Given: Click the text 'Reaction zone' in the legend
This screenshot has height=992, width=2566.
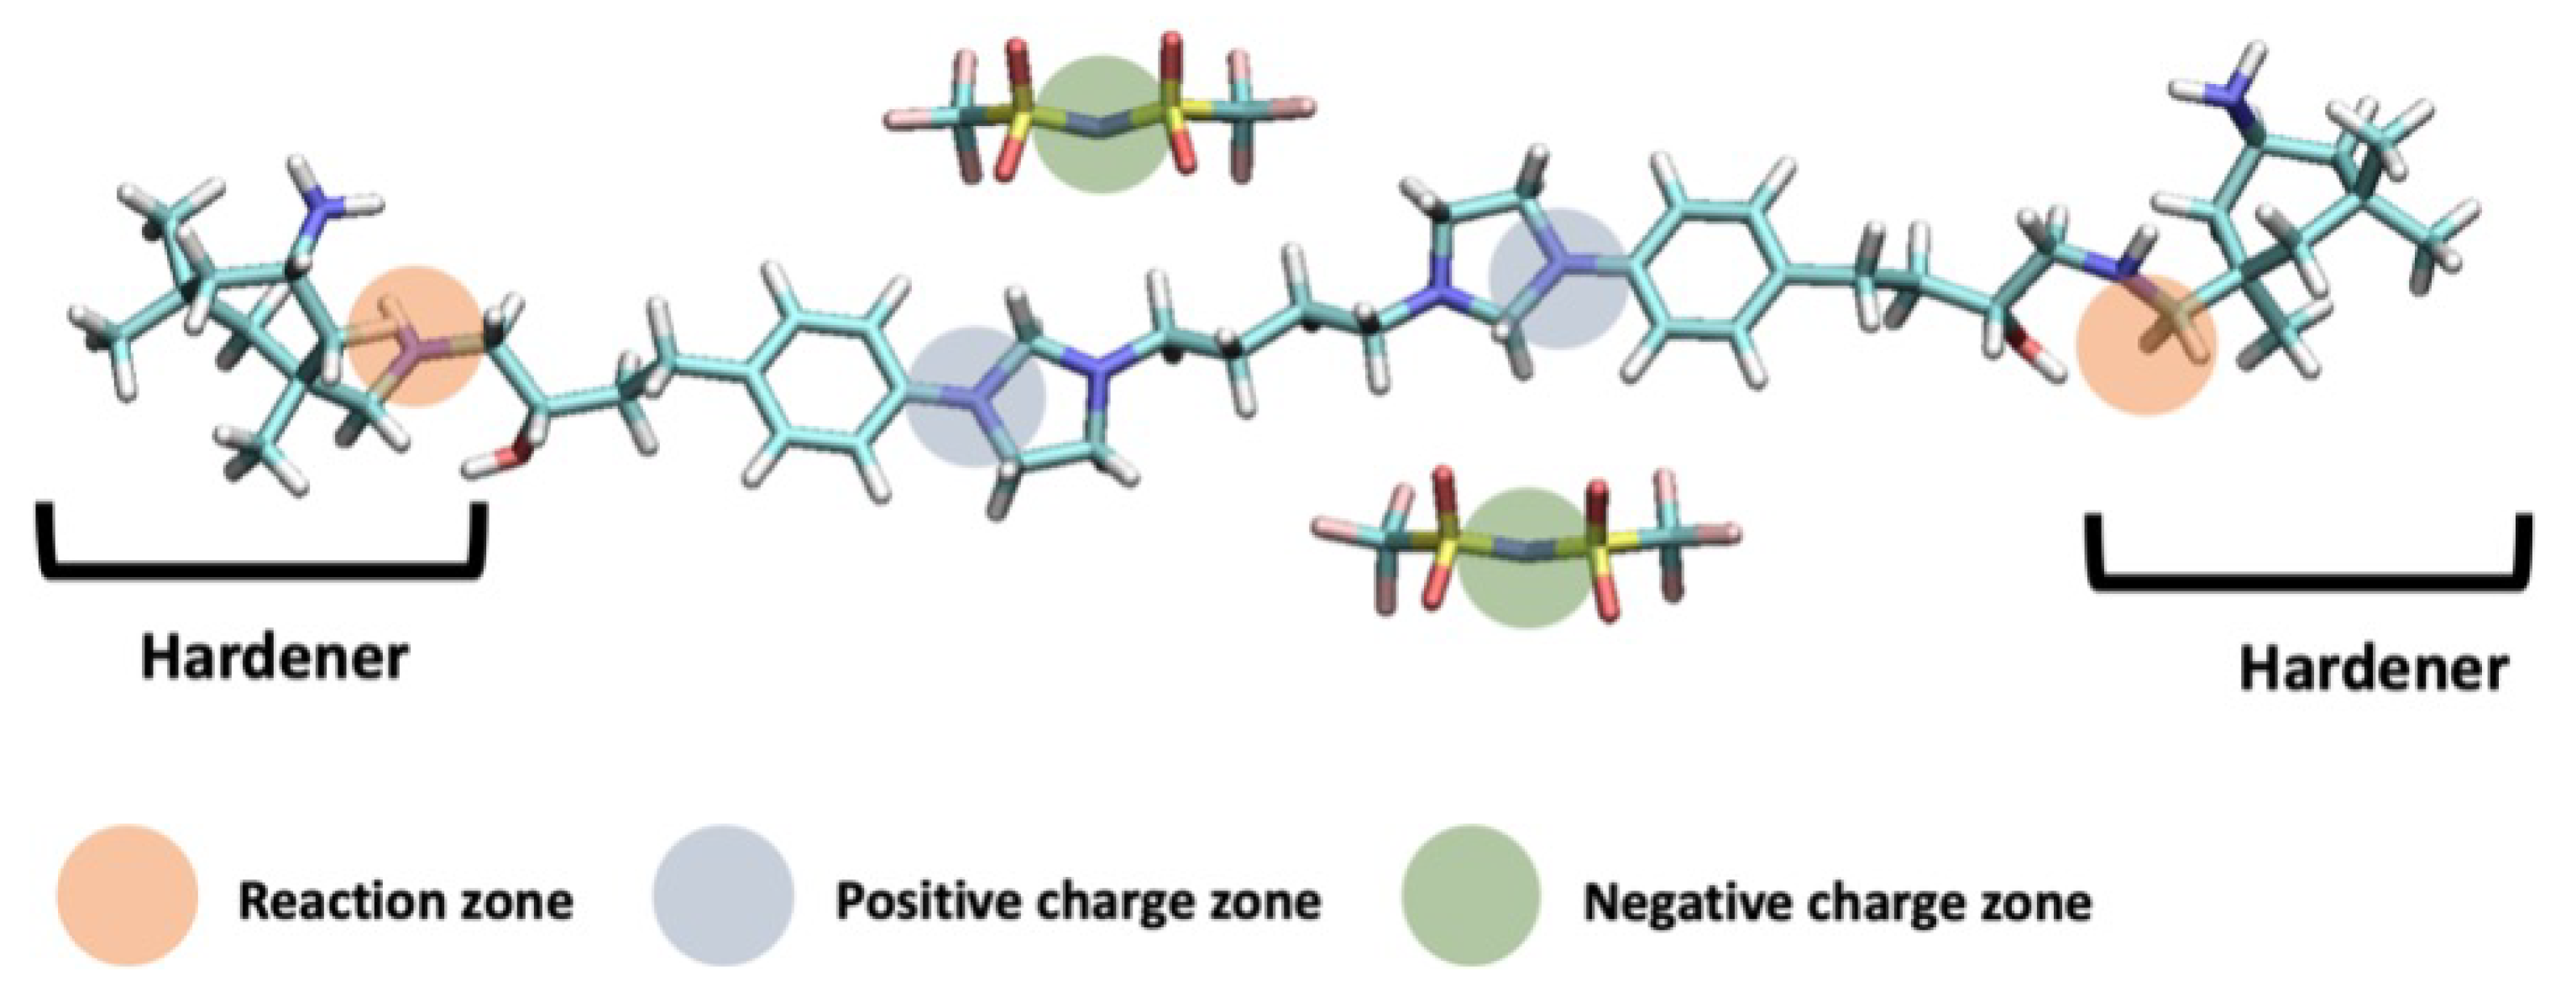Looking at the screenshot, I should (x=406, y=902).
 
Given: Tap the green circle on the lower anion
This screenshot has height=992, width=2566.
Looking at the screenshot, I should (x=1524, y=558).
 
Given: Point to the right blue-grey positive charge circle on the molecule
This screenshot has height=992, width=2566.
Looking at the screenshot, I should (x=1559, y=277).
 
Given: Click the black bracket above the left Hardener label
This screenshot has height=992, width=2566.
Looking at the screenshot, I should (x=261, y=568).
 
